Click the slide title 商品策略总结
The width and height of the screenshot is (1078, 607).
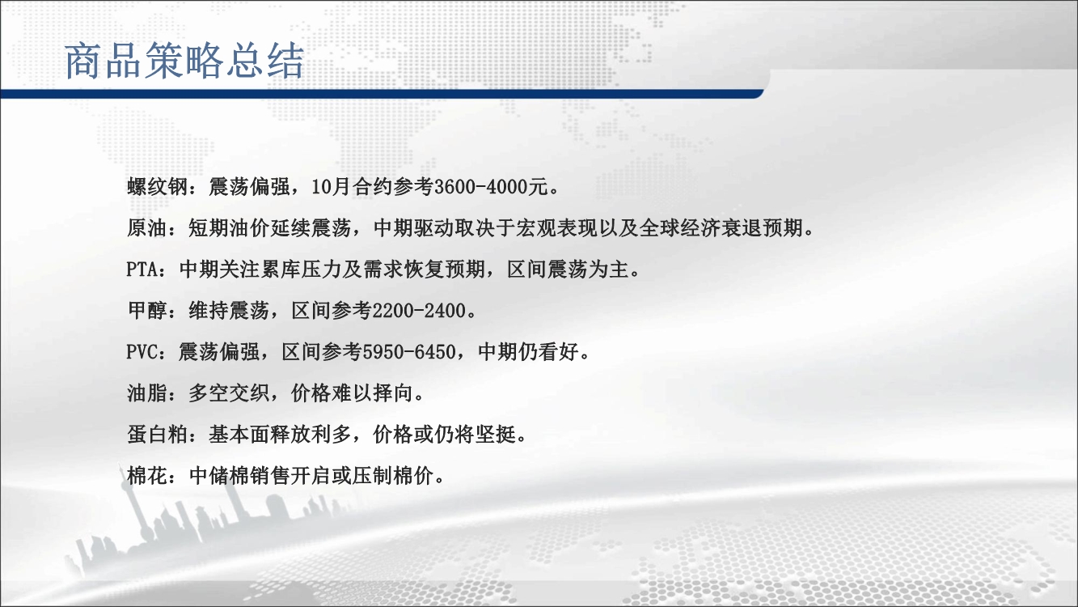click(184, 61)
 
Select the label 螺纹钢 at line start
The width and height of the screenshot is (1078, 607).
click(157, 186)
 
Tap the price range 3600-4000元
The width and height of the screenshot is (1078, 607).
click(491, 186)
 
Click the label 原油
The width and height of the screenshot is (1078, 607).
click(147, 228)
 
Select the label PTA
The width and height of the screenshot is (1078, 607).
click(142, 270)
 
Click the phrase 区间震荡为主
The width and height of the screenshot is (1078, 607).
click(568, 270)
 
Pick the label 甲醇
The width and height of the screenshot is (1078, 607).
click(147, 311)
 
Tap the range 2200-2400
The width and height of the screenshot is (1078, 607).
click(419, 311)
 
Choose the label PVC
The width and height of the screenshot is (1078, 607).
click(142, 352)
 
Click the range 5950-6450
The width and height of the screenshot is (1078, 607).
click(409, 352)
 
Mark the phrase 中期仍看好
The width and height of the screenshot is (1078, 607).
click(528, 352)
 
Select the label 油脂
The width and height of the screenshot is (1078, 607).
click(147, 393)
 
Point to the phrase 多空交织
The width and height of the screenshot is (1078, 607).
click(229, 393)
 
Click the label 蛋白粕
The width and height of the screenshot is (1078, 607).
click(157, 435)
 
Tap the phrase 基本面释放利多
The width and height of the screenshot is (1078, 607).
click(280, 435)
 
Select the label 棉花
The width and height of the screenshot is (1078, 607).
click(147, 477)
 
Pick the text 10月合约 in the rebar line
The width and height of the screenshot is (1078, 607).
click(352, 186)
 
